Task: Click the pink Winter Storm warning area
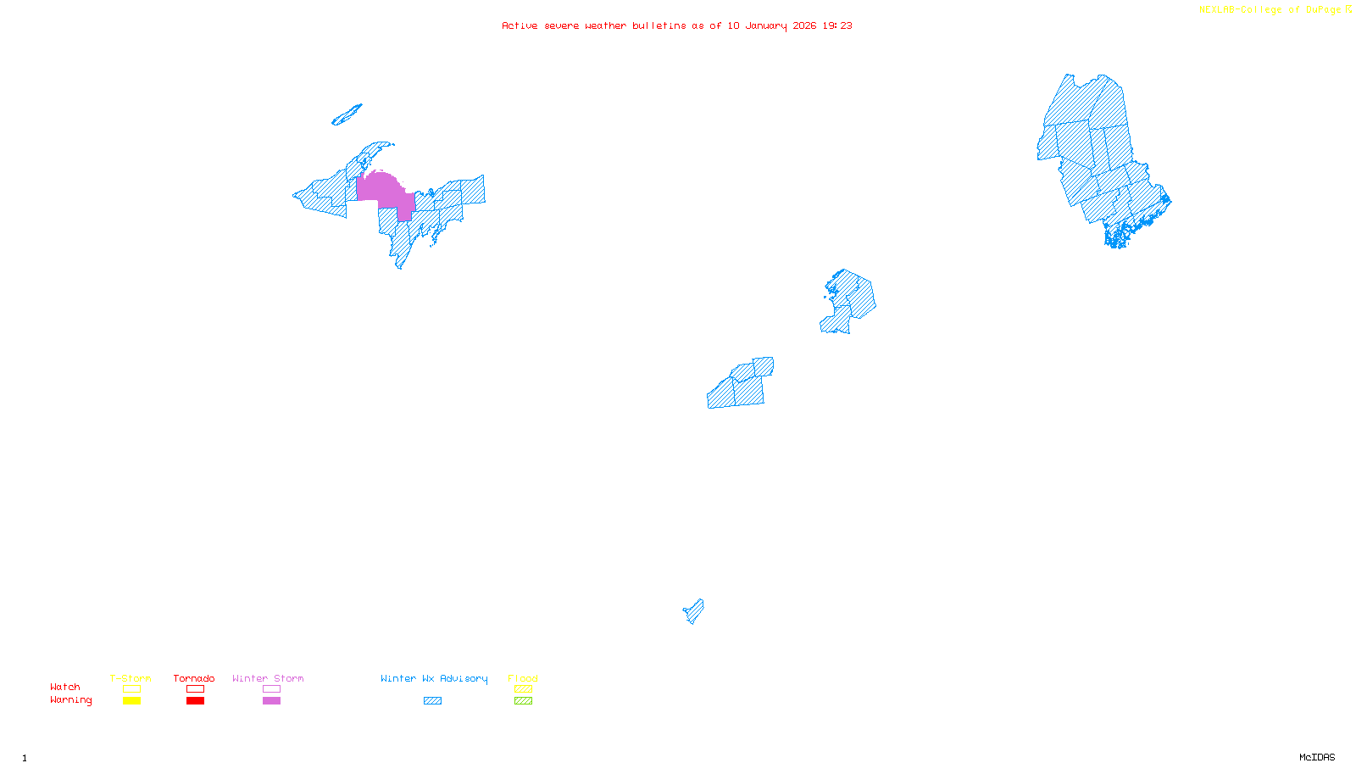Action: (383, 188)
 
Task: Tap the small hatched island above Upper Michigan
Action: (347, 115)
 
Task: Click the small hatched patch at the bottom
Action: (694, 611)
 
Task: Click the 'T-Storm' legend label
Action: (131, 678)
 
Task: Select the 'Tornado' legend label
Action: (194, 678)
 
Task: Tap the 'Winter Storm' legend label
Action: (268, 678)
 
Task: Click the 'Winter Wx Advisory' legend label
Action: (434, 678)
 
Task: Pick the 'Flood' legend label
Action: (523, 678)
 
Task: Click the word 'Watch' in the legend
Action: (65, 687)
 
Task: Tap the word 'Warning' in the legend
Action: (71, 700)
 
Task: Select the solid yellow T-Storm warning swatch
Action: (131, 701)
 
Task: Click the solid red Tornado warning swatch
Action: (195, 701)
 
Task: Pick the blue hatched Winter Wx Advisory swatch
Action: (432, 701)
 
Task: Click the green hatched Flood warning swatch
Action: (523, 701)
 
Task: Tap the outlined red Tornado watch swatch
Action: (195, 689)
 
